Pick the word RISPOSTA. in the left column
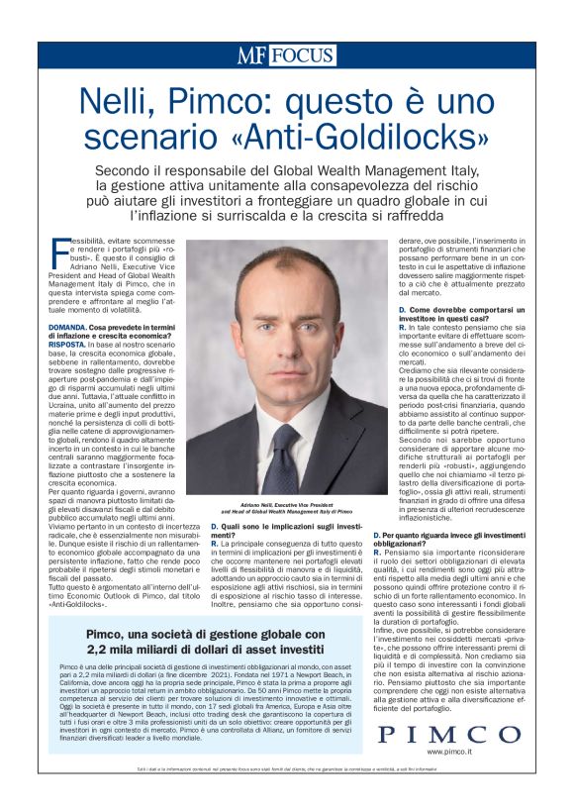(x=72, y=344)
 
